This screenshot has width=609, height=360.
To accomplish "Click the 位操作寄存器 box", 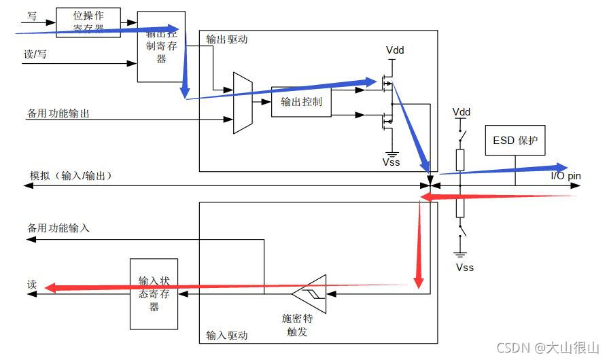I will click(x=88, y=22).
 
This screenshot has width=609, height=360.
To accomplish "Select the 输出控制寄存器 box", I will click(x=161, y=46).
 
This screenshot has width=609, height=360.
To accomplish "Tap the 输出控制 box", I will click(x=301, y=102).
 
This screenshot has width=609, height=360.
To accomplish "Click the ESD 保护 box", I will click(x=515, y=141).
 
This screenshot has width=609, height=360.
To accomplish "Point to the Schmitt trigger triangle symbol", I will click(x=310, y=294).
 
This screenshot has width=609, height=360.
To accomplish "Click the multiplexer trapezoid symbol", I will click(x=243, y=103).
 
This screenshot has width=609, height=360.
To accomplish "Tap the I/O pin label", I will click(x=565, y=176).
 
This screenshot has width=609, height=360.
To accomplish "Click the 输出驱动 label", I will click(x=227, y=39).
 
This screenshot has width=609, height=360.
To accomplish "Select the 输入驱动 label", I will click(x=227, y=335).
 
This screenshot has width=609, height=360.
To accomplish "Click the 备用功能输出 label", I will click(x=58, y=113).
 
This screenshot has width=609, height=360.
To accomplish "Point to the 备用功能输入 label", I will click(x=58, y=228).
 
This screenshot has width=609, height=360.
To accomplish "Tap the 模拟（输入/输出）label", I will click(x=70, y=175).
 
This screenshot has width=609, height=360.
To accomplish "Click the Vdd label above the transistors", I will click(x=395, y=51).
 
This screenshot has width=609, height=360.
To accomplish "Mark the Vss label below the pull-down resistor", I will click(x=464, y=267).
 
